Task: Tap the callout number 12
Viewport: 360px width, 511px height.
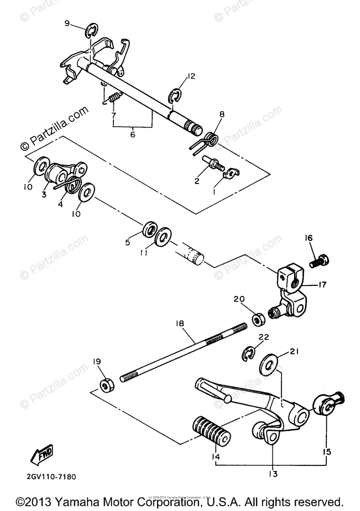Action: [190, 77]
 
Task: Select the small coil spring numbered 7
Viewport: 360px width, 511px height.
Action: [114, 98]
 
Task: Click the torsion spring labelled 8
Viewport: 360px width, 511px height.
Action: [209, 139]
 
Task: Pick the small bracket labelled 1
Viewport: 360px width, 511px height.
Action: [231, 172]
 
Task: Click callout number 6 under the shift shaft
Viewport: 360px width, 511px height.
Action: [132, 134]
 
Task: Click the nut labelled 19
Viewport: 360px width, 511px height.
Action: [106, 384]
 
